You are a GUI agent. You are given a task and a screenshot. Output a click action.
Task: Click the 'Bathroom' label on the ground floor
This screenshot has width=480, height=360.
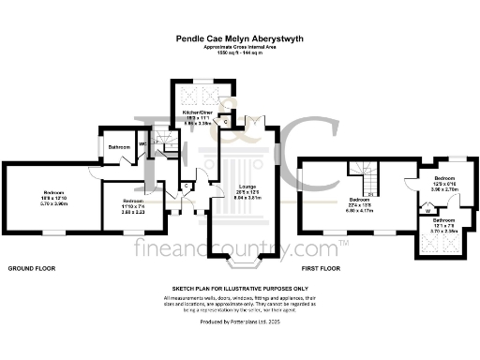[x=118, y=147]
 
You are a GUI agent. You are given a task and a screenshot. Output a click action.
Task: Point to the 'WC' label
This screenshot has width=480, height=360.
[x=143, y=143]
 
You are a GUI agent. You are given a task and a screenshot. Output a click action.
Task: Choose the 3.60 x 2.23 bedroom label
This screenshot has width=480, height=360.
[x=131, y=206]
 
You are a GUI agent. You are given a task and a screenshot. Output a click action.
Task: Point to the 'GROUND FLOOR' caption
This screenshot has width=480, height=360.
[x=32, y=268]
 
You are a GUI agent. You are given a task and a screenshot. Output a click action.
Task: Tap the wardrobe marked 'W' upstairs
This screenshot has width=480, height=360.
[x=427, y=211]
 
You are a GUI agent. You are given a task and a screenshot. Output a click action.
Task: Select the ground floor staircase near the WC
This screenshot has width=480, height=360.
[x=165, y=142]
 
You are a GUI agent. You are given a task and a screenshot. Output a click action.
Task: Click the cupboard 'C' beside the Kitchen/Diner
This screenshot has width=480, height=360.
[x=226, y=121]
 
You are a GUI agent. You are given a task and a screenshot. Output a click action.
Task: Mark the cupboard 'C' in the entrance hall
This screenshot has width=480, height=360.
[x=187, y=186]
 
